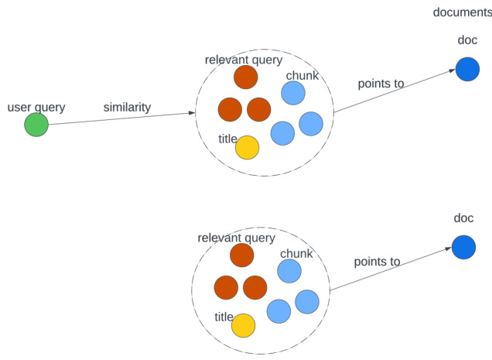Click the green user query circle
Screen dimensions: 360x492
[x=36, y=125]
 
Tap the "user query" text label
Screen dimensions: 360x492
[x=36, y=107]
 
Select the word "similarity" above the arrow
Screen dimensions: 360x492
[x=127, y=108]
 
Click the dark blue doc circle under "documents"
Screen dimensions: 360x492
[x=467, y=69]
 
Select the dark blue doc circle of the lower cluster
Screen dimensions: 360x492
[x=463, y=248]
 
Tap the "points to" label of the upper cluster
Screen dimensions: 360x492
[x=381, y=84]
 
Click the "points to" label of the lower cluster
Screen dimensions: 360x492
[x=377, y=262]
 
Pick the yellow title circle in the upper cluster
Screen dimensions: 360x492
[x=247, y=147]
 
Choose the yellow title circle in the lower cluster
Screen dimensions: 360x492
[x=244, y=325]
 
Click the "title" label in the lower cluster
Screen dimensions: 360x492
[x=224, y=317]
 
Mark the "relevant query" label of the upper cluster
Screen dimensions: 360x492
[x=244, y=60]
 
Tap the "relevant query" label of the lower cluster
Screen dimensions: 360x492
[x=237, y=238]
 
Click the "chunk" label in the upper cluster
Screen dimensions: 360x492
[x=302, y=75]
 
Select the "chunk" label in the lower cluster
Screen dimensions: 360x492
[x=296, y=254]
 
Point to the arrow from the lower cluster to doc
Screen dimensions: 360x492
[x=391, y=270]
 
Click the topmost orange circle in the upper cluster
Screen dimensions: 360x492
[x=245, y=77]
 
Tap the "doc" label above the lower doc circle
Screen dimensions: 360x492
[x=463, y=218]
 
